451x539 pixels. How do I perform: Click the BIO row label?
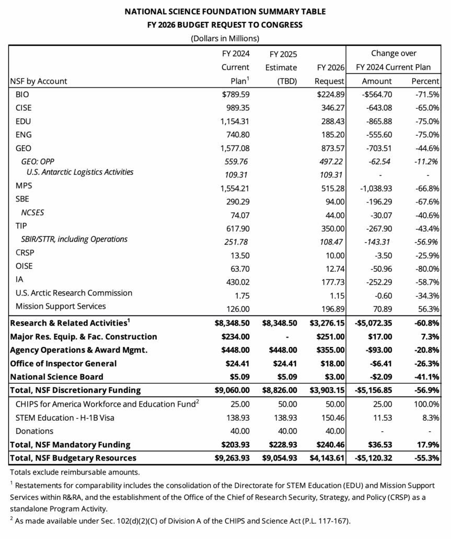[x=23, y=95]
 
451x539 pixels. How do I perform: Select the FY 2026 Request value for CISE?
[x=331, y=108]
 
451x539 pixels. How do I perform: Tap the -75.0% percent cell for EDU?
[x=426, y=121]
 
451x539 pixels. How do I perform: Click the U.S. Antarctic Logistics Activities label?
[x=79, y=172]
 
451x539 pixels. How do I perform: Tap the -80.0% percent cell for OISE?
[x=426, y=267]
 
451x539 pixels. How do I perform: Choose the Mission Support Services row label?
[x=61, y=306]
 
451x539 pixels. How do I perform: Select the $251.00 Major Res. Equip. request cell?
[x=330, y=337]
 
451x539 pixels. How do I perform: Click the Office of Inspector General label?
[x=63, y=363]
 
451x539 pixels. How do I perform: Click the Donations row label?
[x=34, y=431]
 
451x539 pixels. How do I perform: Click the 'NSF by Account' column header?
[x=39, y=81]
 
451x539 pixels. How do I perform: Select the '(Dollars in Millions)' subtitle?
[x=225, y=38]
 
